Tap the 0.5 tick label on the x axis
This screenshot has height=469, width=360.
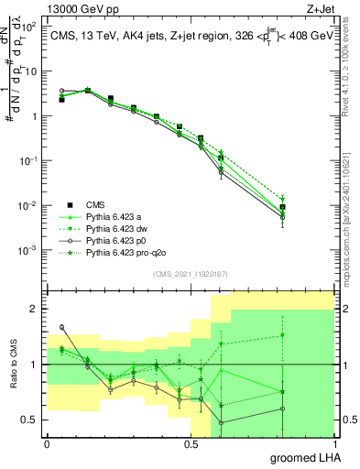[191, 444]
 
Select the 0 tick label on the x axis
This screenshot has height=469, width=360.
[47, 444]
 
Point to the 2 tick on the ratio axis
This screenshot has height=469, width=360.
[34, 310]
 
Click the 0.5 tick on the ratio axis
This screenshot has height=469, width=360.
[29, 420]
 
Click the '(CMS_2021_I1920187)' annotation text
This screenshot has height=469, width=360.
[190, 273]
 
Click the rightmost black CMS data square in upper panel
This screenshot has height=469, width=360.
[283, 207]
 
